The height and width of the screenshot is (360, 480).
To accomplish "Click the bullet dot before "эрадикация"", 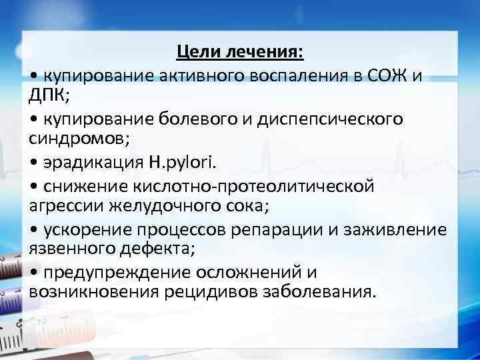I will tap(34, 163).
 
